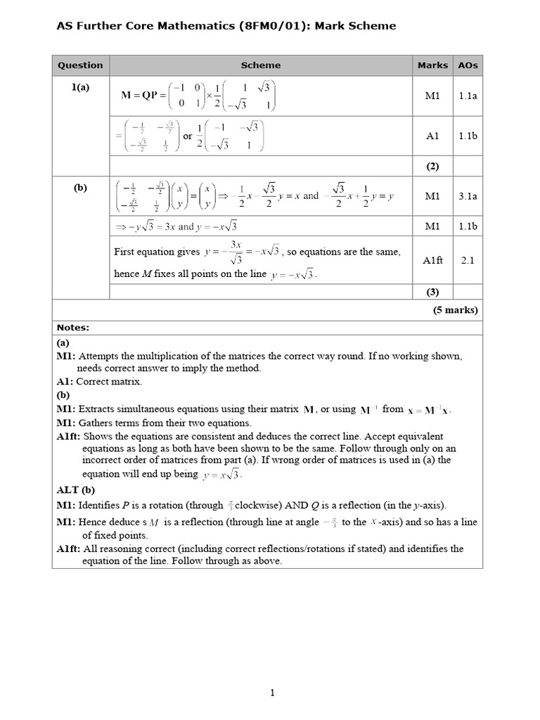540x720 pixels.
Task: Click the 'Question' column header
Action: [x=80, y=65]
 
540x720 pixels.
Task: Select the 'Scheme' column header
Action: [x=260, y=65]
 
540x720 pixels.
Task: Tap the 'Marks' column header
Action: [x=432, y=65]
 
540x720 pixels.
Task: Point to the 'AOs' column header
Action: [x=468, y=65]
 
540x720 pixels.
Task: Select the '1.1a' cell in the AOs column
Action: [x=468, y=96]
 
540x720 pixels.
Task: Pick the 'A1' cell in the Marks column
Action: [x=432, y=136]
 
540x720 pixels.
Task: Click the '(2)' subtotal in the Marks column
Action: [x=432, y=167]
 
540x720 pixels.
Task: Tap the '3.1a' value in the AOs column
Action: [x=468, y=197]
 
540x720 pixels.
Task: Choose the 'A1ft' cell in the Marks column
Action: [x=432, y=260]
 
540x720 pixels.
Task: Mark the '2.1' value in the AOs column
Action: [x=468, y=260]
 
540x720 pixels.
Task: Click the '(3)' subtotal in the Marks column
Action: [x=432, y=291]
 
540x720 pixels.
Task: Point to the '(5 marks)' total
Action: [x=456, y=309]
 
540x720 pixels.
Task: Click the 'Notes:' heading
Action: [x=73, y=328]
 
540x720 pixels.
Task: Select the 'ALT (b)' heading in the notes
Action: [x=75, y=490]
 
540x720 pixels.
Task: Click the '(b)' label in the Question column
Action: [x=80, y=188]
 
